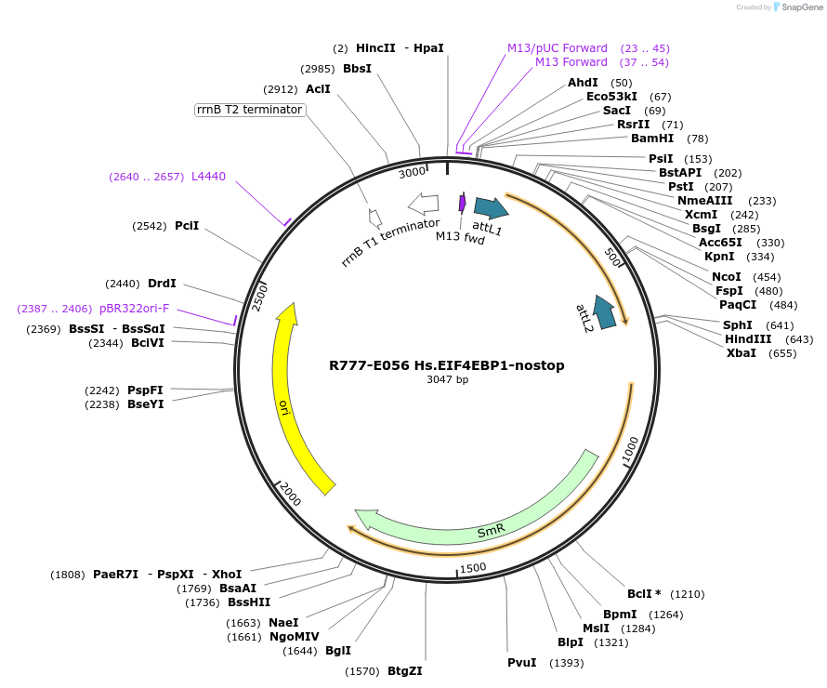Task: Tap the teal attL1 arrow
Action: click(x=492, y=207)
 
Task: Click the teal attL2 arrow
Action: click(x=604, y=312)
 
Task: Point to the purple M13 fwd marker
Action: click(x=463, y=203)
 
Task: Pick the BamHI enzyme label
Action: click(x=652, y=139)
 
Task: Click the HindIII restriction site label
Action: click(x=748, y=339)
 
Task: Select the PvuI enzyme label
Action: click(x=521, y=663)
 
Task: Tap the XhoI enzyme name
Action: click(x=227, y=574)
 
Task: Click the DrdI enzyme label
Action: click(x=162, y=284)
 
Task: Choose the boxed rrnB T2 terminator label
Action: click(x=250, y=110)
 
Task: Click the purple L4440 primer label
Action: click(x=208, y=177)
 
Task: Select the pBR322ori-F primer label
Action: click(x=134, y=308)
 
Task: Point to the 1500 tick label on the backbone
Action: click(x=473, y=568)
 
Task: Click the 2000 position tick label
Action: click(x=290, y=494)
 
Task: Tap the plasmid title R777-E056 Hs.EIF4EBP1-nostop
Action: click(x=447, y=365)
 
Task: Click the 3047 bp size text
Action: click(x=447, y=379)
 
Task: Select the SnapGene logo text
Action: click(x=802, y=7)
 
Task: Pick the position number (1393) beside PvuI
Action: click(x=567, y=663)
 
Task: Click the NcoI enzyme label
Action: click(x=727, y=277)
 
